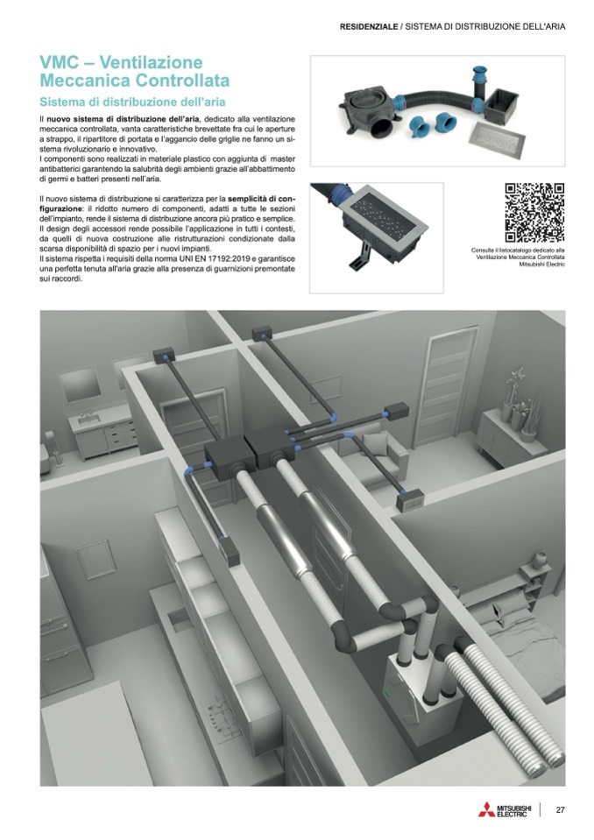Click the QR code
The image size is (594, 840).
(x=534, y=213)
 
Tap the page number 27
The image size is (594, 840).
(x=560, y=809)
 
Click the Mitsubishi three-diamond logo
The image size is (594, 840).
(x=486, y=809)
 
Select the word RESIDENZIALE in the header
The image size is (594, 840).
(x=369, y=26)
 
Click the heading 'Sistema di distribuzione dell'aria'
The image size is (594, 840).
(x=133, y=102)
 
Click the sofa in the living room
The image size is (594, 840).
(x=372, y=458)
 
